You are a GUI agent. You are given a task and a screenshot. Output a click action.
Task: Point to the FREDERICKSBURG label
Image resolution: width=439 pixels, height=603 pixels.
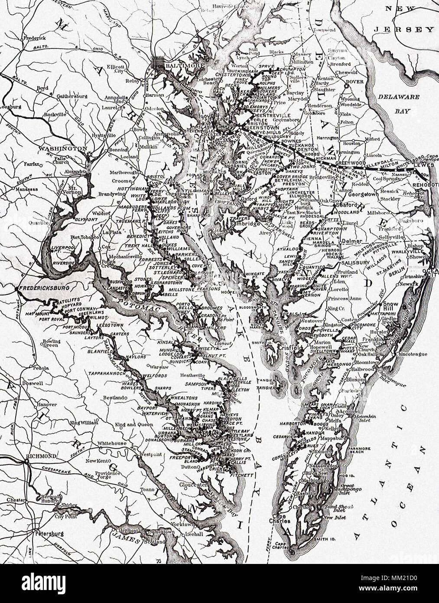click(x=41, y=288)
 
